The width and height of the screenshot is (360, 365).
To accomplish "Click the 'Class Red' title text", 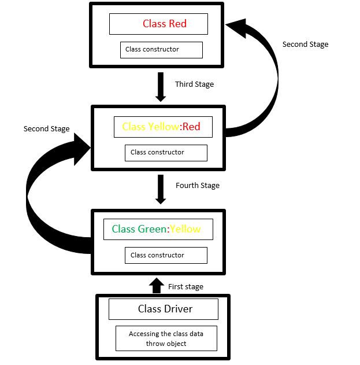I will pyautogui.click(x=165, y=24).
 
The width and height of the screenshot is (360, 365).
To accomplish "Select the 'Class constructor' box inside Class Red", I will pyautogui.click(x=161, y=50).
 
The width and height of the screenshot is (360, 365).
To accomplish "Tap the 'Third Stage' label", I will pyautogui.click(x=194, y=84).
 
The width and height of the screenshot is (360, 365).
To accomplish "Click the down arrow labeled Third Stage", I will pyautogui.click(x=161, y=87).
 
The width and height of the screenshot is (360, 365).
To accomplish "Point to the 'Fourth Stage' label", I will pyautogui.click(x=198, y=186).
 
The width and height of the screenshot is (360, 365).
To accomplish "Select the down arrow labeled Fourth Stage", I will pyautogui.click(x=161, y=190).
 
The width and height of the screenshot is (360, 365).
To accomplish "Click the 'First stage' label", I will pyautogui.click(x=185, y=286).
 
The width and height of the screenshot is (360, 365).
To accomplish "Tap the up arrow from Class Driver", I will pyautogui.click(x=156, y=285).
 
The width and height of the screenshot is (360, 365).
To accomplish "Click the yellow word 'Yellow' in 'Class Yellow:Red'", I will pyautogui.click(x=162, y=127).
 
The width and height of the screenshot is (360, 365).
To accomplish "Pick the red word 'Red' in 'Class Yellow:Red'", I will pyautogui.click(x=191, y=127).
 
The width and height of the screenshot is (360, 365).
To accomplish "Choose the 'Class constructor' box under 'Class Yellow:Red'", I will pyautogui.click(x=166, y=153).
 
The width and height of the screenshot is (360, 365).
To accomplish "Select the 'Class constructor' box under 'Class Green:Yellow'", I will pyautogui.click(x=166, y=255).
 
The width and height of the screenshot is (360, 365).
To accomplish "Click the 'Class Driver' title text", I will pyautogui.click(x=165, y=309).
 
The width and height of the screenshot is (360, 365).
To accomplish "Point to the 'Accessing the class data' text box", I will pyautogui.click(x=166, y=338).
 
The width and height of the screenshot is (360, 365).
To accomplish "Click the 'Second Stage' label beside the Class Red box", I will pyautogui.click(x=305, y=45).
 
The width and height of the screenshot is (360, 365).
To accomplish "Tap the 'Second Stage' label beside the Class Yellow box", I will pyautogui.click(x=46, y=129).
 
